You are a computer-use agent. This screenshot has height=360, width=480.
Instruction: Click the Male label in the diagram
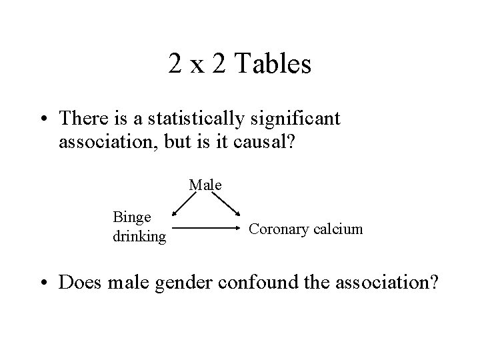point(205,185)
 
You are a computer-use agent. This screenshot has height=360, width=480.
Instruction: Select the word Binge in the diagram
point(131,218)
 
